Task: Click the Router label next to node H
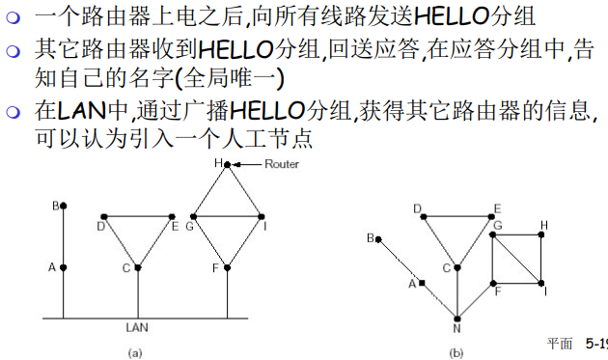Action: pos(283,164)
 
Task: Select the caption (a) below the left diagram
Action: pos(136,352)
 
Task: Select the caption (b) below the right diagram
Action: pos(456,352)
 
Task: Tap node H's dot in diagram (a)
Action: pos(227,165)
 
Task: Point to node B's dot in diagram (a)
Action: pos(64,206)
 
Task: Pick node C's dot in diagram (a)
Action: pos(139,267)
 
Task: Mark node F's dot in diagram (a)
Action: pos(227,267)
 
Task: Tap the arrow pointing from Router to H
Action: pos(249,165)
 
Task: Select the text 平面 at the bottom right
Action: pos(560,343)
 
